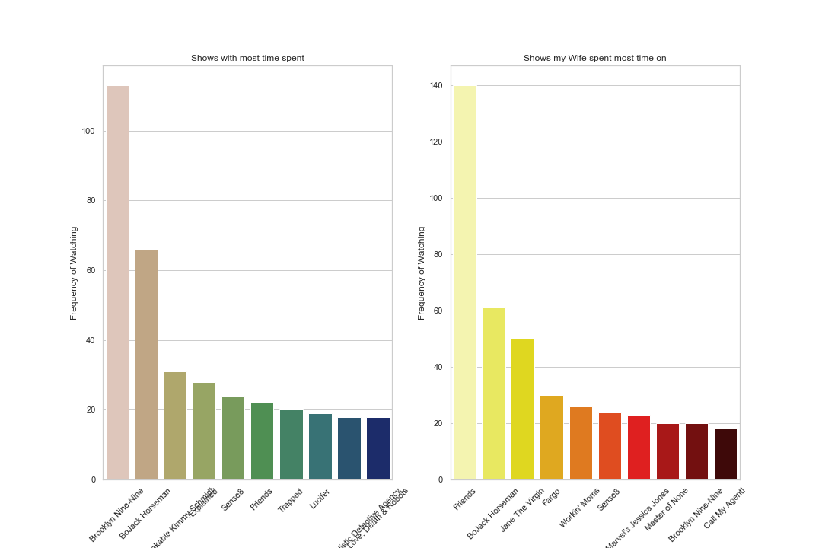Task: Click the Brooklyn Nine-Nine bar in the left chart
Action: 117,282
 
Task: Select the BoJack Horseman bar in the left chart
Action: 146,365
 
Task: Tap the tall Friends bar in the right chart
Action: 464,282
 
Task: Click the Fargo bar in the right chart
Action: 552,438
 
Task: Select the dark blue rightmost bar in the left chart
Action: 378,448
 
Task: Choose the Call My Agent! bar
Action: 725,454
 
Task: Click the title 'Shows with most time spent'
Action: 247,58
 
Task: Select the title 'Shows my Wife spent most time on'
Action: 594,58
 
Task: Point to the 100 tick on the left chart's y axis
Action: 88,131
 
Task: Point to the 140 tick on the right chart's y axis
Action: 435,85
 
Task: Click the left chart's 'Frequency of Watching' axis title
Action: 74,272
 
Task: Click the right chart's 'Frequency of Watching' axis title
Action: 422,272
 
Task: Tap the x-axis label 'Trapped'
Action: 290,501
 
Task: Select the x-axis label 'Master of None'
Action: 667,510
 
